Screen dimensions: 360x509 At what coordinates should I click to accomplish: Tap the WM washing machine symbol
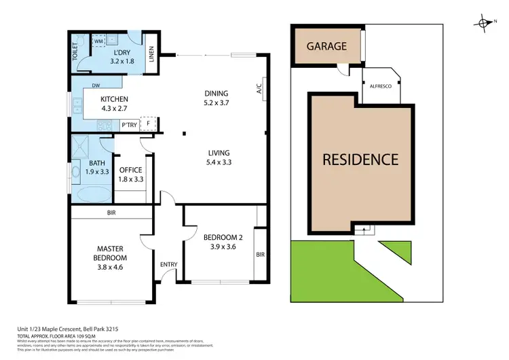(98, 41)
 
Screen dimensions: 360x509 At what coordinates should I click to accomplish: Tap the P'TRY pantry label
(128, 125)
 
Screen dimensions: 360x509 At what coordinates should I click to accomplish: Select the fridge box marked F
(149, 125)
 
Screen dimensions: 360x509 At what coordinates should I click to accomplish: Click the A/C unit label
(259, 88)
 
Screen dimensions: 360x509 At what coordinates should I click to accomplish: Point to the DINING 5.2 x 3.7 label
(216, 98)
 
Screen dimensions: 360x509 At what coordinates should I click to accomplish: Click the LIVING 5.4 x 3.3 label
(219, 158)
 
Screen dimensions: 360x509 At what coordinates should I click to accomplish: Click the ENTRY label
(168, 264)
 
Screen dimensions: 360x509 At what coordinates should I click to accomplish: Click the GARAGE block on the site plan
(326, 46)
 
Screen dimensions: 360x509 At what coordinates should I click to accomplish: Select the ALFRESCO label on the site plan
(380, 77)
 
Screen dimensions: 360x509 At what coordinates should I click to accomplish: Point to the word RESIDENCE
(360, 160)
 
